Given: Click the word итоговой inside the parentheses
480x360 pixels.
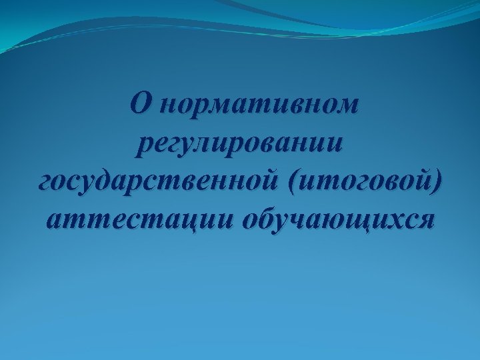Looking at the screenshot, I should (361, 180).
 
